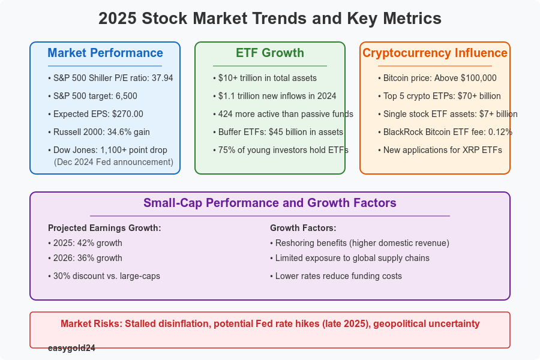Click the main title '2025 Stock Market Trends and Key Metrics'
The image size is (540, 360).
click(270, 19)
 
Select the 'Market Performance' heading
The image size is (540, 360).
click(105, 53)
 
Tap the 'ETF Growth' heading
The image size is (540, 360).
click(270, 53)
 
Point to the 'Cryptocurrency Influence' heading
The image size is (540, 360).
click(435, 53)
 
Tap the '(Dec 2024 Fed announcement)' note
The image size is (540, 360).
click(113, 161)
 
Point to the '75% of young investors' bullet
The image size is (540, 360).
click(281, 150)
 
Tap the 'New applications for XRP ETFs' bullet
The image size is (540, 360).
click(442, 150)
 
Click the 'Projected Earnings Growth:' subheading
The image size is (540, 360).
click(104, 228)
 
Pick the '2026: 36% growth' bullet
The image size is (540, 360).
click(86, 258)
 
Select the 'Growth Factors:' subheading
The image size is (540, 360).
click(303, 228)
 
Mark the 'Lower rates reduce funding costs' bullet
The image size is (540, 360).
click(338, 276)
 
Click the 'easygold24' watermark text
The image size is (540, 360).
click(71, 347)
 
